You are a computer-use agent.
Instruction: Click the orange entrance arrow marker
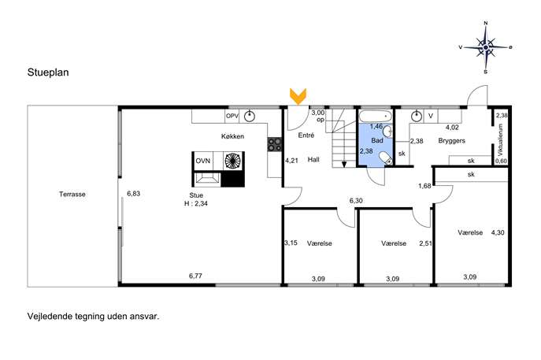pos(298,96)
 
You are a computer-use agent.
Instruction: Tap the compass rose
pos(486,47)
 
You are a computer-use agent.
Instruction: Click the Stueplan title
pos(48,72)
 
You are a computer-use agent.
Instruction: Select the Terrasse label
pos(72,195)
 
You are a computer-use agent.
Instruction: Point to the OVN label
pos(203,161)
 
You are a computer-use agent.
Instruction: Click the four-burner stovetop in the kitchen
pos(275,144)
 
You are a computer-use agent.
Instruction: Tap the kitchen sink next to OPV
pos(250,117)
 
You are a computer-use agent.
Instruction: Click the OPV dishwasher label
pos(232,117)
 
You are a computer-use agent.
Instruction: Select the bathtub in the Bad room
pos(376,117)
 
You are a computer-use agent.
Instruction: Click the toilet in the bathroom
pos(386,158)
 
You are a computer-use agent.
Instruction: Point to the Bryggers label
pos(452,141)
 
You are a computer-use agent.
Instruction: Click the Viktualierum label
pos(501,139)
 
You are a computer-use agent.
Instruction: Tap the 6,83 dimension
pos(134,194)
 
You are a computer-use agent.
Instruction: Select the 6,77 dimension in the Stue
pos(195,276)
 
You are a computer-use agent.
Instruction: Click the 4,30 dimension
pos(498,232)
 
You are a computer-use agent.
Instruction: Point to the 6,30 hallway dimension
pos(356,201)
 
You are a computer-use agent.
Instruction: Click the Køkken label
pos(232,136)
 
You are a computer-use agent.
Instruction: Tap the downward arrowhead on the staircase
pos(344,165)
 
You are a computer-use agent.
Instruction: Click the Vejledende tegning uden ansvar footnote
pos(93,317)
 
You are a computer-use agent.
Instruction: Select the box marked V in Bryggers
pos(431,117)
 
